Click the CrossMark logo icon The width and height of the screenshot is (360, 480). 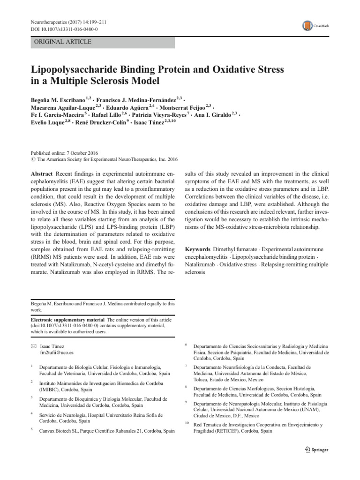point(307,26)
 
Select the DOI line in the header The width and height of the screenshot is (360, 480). point(60,30)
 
